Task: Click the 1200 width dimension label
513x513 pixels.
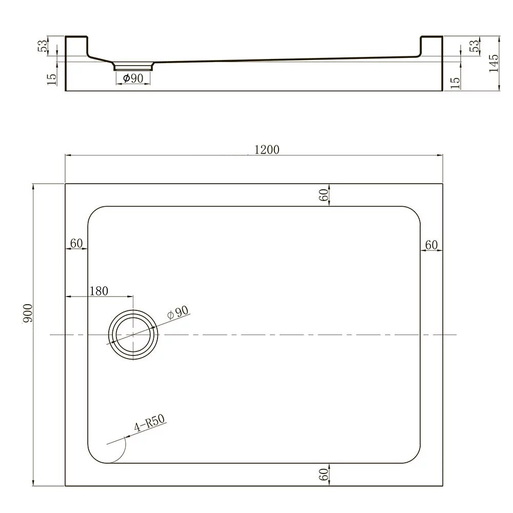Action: pos(267,149)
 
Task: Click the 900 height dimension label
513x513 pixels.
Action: pos(28,313)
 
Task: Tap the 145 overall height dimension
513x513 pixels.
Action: pos(494,63)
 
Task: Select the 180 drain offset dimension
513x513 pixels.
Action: pos(99,290)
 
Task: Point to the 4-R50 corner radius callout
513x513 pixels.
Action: pos(149,423)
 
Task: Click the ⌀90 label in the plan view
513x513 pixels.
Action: pos(177,312)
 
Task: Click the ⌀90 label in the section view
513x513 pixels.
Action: pos(133,78)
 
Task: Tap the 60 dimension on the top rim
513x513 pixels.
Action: pos(323,195)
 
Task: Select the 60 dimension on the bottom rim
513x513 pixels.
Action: pos(323,475)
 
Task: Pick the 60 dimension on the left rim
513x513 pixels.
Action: pos(76,243)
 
